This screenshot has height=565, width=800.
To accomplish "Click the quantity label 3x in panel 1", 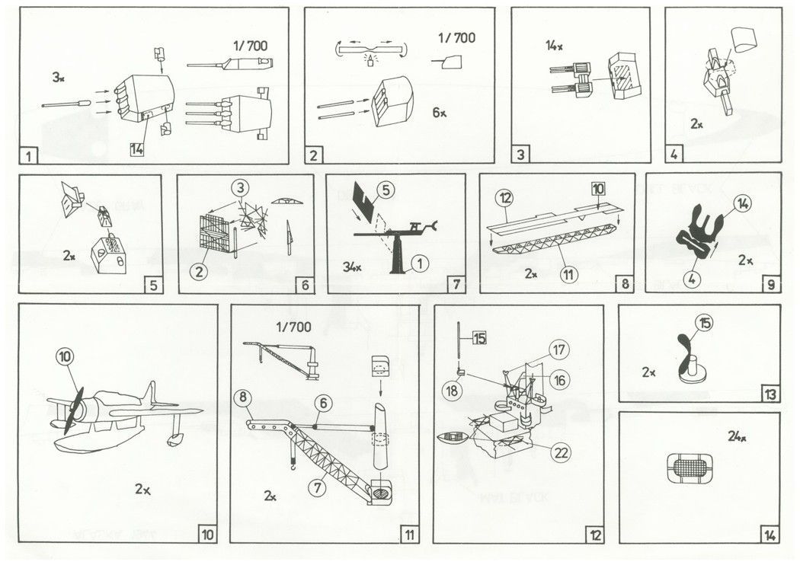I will pyautogui.click(x=59, y=78).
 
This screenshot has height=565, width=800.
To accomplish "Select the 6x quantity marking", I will pyautogui.click(x=439, y=112).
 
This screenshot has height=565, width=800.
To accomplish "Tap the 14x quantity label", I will pyautogui.click(x=554, y=46).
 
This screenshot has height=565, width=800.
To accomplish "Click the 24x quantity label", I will pyautogui.click(x=737, y=436).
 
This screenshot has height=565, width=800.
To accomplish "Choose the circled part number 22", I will pyautogui.click(x=562, y=453).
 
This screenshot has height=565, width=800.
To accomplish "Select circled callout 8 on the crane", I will pyautogui.click(x=244, y=397).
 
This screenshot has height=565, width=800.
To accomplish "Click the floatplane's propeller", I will pyautogui.click(x=72, y=411).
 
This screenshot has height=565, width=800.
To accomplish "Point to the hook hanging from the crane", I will pyautogui.click(x=290, y=466).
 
